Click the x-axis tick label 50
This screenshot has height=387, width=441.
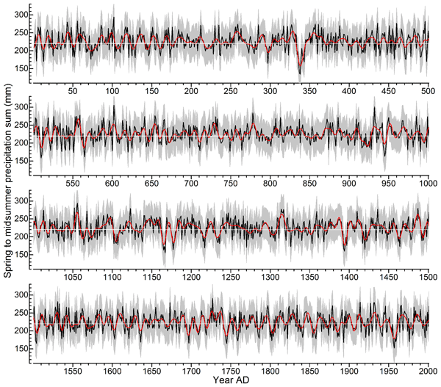[x=73, y=91]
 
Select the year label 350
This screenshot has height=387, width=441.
[x=309, y=91]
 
